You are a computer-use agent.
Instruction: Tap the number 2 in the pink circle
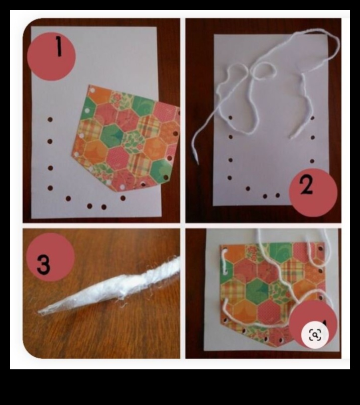click(x=307, y=186)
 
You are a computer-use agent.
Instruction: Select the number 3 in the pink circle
click(x=44, y=264)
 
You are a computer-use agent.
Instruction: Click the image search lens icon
click(x=315, y=335)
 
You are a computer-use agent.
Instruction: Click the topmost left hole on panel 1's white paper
click(x=50, y=120)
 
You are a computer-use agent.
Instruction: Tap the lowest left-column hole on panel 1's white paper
click(x=50, y=188)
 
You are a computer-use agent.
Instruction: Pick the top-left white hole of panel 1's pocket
click(x=89, y=109)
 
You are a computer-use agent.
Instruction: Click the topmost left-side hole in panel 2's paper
click(x=230, y=118)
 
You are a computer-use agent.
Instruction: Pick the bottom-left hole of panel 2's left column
click(x=229, y=177)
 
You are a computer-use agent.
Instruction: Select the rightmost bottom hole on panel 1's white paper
click(x=123, y=198)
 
